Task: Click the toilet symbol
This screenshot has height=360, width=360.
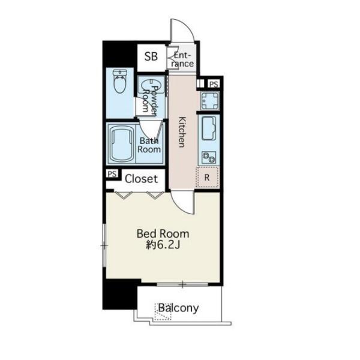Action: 120,81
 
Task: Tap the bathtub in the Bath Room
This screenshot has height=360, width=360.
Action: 122,144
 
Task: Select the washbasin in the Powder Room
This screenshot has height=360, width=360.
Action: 151,85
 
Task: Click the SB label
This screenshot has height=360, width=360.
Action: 151,56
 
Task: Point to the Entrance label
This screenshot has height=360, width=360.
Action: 182,59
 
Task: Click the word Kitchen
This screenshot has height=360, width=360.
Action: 182,132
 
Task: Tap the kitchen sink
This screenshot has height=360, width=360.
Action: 209,128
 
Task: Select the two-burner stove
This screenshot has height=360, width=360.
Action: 209,157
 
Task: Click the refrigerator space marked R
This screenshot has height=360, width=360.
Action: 208,177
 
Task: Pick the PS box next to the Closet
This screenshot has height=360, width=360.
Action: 112,174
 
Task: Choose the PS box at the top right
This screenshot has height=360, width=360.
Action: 214,84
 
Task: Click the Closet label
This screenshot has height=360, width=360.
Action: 141,179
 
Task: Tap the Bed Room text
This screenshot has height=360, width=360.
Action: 163,234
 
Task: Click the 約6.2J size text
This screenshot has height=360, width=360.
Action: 163,245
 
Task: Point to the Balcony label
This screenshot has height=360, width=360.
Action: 178,308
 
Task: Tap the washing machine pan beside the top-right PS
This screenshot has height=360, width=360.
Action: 209,101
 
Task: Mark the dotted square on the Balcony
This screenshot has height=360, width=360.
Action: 163,312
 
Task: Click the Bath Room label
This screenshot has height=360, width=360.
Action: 149,145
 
